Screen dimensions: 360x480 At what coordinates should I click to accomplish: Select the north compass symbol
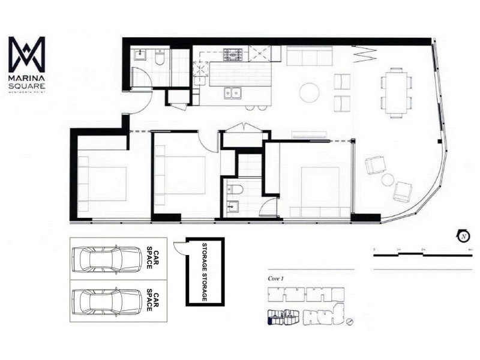[464, 236]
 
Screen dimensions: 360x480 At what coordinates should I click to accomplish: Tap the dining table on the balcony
[396, 92]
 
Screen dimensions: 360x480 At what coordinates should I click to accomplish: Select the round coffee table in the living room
[310, 92]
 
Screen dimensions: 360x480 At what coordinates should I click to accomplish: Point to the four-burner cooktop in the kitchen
[233, 55]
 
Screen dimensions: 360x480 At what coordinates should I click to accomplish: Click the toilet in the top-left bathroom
[160, 58]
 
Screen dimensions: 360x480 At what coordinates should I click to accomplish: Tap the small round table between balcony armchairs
[388, 179]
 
